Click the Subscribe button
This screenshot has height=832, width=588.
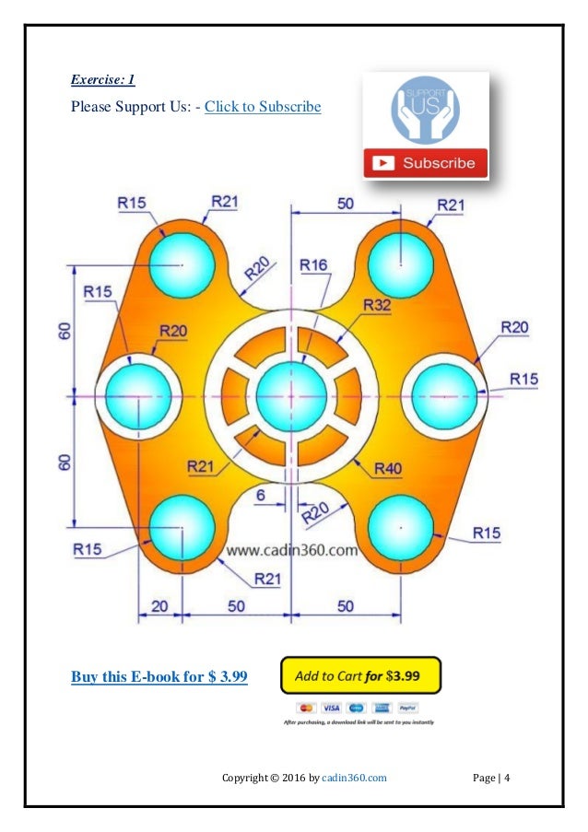[425, 163]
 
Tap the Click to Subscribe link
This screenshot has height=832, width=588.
[263, 107]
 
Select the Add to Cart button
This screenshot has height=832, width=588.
[360, 675]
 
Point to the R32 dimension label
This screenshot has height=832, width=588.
[377, 305]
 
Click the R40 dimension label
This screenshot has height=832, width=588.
[388, 468]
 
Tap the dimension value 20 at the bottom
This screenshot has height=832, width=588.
[160, 605]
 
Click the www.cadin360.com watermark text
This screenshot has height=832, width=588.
[291, 551]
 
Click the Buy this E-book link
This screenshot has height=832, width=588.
[159, 677]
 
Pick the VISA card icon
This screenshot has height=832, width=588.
[331, 708]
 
